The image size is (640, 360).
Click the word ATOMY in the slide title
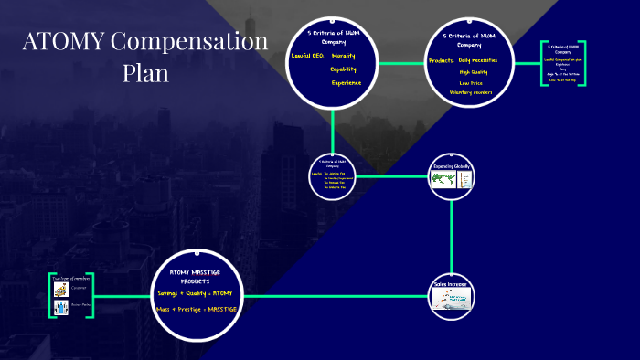[x=64, y=42]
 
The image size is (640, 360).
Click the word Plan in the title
[x=145, y=73]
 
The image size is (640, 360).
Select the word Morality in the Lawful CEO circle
[x=344, y=56]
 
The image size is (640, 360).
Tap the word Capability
[x=344, y=69]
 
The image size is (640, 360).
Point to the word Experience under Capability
[x=347, y=83]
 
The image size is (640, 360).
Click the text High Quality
[x=475, y=71]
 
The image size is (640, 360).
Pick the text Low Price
[x=472, y=82]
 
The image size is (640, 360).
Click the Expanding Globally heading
[x=453, y=167]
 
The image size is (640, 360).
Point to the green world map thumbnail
[x=443, y=178]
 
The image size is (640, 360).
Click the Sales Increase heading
[x=452, y=284]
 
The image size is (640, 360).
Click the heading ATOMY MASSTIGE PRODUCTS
[x=195, y=277]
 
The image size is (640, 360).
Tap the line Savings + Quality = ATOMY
[x=195, y=292]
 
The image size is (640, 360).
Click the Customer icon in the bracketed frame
[x=61, y=289]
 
